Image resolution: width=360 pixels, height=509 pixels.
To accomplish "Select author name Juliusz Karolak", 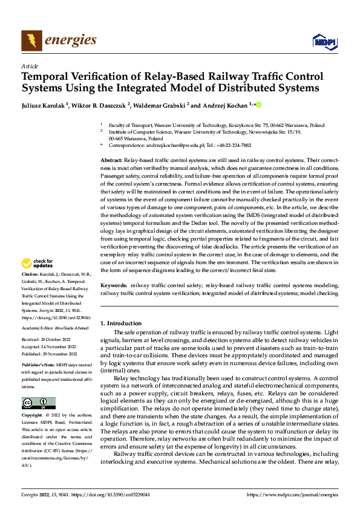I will (44, 105).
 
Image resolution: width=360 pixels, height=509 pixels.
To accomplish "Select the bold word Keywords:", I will (113, 284).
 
